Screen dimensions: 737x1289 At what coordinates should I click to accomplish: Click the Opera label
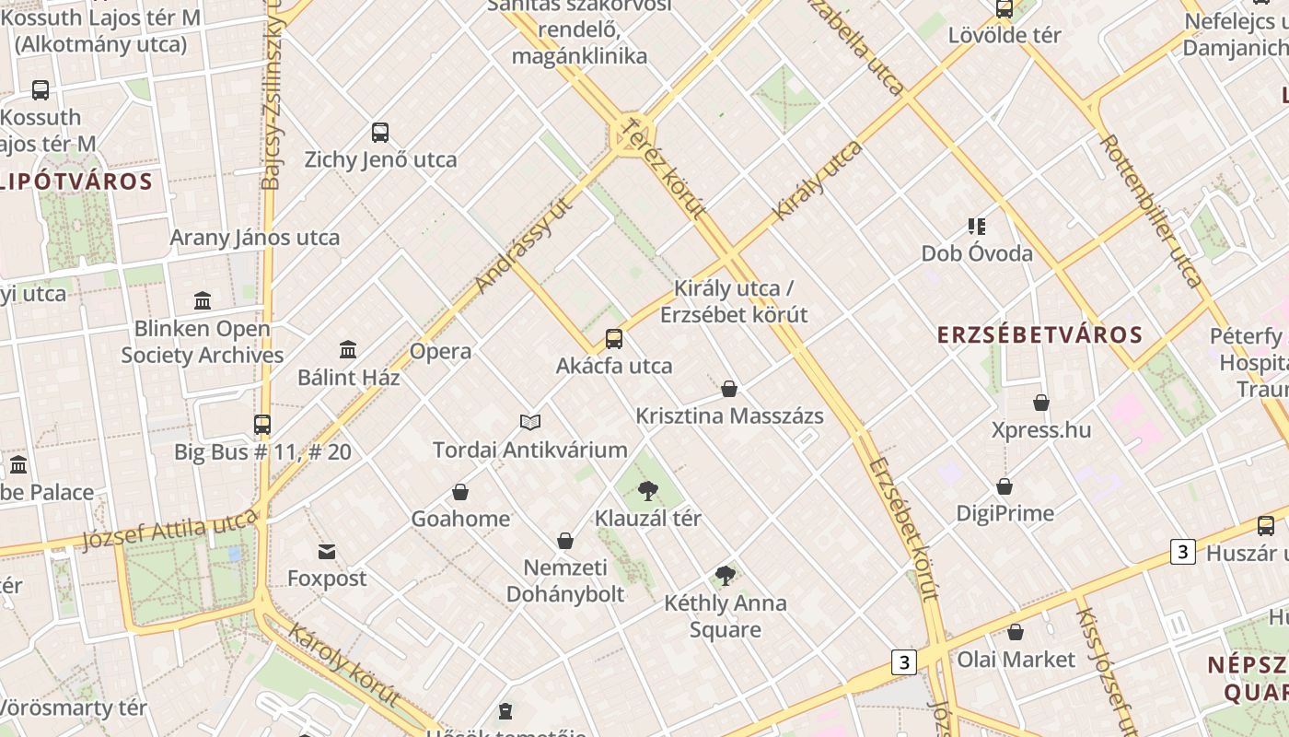pos(440,351)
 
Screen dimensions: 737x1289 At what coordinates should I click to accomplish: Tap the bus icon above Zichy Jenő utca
pos(380,133)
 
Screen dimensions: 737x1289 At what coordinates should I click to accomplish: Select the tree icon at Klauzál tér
pos(648,490)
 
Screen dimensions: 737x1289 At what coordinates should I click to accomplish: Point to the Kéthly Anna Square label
pos(726,616)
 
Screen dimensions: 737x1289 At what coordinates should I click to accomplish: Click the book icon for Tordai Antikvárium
pos(530,422)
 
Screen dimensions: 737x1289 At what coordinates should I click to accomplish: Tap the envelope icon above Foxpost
pos(327,552)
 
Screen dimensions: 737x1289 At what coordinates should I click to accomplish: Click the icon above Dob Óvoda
pos(977,227)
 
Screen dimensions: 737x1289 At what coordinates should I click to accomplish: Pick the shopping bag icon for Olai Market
pos(1016,632)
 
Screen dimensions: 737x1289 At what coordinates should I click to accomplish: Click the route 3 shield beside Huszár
pos(1182,552)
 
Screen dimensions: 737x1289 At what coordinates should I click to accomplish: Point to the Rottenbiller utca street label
pos(1151,210)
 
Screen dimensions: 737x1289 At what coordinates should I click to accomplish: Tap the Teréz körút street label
pos(664,167)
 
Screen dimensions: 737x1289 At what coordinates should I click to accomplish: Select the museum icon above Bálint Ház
pos(348,350)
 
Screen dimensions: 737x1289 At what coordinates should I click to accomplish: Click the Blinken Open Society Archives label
pos(203,342)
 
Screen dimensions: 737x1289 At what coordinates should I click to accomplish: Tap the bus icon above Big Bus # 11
pos(262,425)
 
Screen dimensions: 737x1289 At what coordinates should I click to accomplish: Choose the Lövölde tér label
pos(1004,36)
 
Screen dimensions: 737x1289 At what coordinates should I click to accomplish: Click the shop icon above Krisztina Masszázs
pos(729,389)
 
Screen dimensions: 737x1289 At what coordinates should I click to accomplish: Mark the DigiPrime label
pos(1004,513)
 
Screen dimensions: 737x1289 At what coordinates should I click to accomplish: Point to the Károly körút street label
pos(343,664)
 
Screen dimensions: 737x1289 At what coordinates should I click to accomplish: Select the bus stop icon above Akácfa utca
pos(614,339)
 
